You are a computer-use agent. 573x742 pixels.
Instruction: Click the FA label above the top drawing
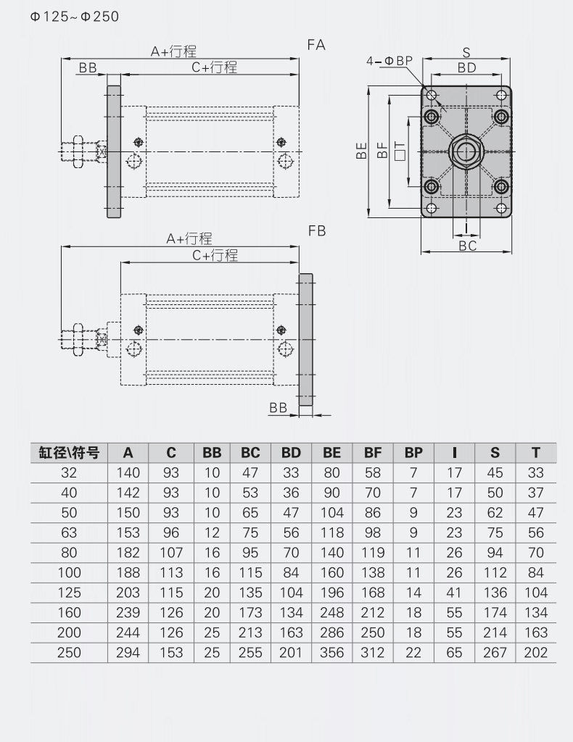point(316,45)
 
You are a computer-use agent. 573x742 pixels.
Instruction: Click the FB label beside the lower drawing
point(317,231)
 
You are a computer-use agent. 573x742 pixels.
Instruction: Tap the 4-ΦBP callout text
point(389,61)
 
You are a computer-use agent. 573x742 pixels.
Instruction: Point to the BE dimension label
point(361,151)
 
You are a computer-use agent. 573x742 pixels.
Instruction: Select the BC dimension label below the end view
point(467,246)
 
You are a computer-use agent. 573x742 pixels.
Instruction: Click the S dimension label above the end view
point(466,52)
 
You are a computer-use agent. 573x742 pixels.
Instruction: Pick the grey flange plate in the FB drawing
point(305,339)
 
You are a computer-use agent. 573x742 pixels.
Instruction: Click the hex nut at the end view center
point(466,151)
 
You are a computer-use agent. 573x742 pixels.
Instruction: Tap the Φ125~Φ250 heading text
point(75,17)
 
